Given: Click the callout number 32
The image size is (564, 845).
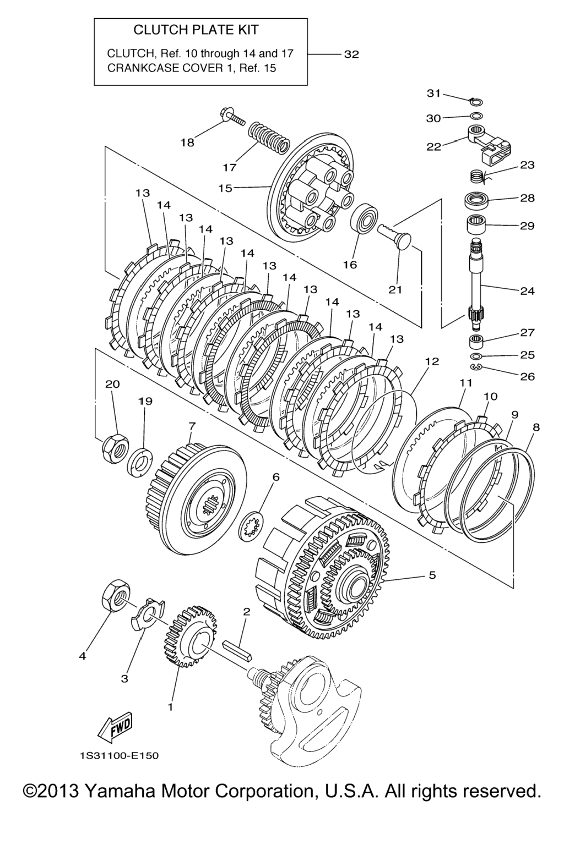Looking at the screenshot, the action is click(x=351, y=54).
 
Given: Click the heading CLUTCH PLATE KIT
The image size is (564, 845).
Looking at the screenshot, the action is click(x=196, y=30).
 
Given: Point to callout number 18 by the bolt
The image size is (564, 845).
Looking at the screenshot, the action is click(x=187, y=142).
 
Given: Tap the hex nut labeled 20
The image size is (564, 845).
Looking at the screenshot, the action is click(x=115, y=448).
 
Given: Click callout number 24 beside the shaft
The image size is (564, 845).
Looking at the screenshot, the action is click(x=527, y=290).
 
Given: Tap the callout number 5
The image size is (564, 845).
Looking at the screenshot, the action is click(x=432, y=575).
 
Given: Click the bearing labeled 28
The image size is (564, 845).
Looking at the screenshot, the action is click(x=478, y=199).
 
